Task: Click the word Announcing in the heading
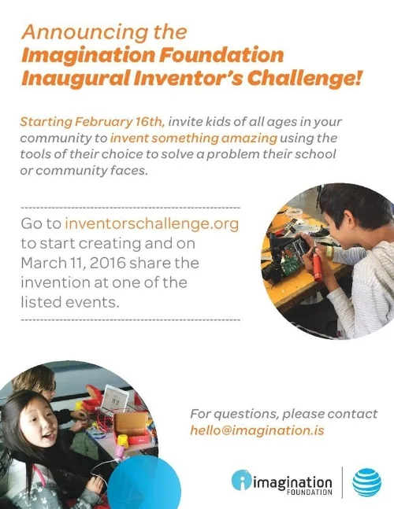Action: (69, 32)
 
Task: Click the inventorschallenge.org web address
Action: (151, 223)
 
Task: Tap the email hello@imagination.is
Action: (257, 430)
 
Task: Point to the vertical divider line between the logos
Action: (342, 481)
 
